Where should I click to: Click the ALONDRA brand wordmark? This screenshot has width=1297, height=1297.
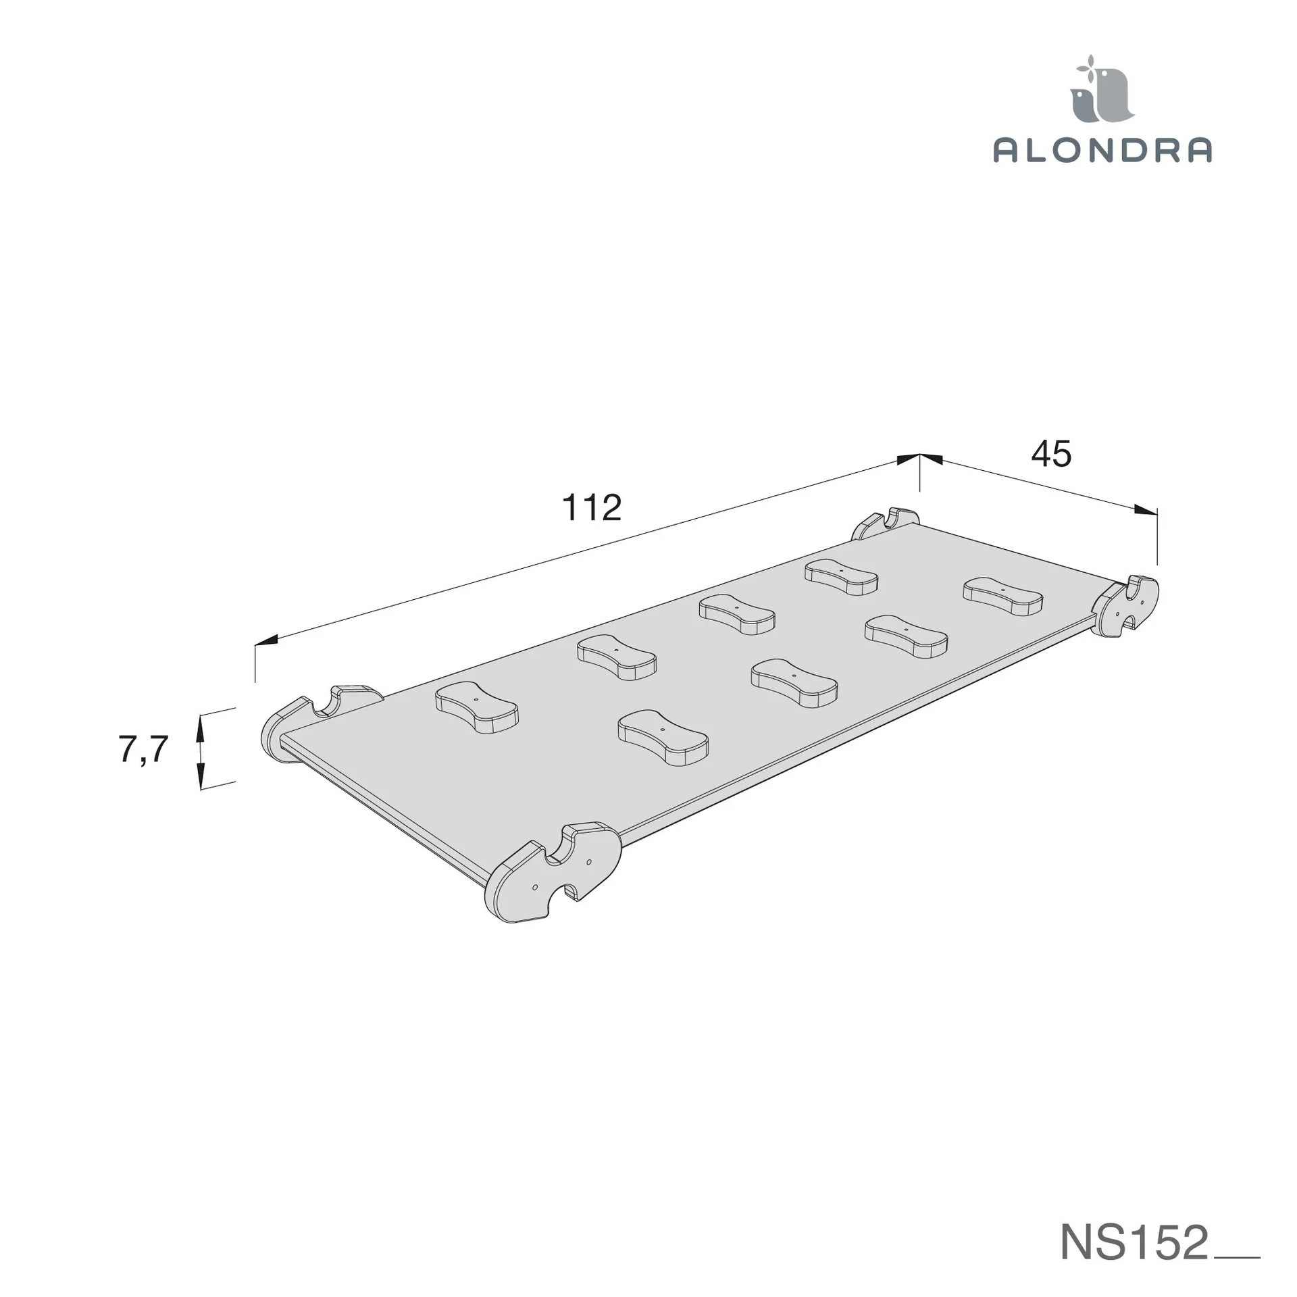tap(1102, 150)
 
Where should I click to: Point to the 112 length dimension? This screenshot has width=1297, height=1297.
tap(591, 508)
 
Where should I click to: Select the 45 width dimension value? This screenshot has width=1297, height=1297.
tap(1051, 454)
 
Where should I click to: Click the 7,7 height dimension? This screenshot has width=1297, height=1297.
tap(143, 749)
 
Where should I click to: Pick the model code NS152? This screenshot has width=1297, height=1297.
tap(1134, 1241)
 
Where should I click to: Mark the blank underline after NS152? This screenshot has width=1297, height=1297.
tap(1237, 1257)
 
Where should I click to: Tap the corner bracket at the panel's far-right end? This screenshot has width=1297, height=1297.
tap(1126, 605)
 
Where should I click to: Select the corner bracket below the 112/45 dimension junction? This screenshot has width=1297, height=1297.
tap(884, 524)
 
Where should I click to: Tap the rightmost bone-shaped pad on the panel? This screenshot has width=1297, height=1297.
tap(1002, 596)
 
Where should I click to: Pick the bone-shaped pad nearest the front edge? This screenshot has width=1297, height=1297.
tap(663, 737)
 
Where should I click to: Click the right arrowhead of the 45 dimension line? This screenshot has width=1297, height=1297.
tap(1146, 510)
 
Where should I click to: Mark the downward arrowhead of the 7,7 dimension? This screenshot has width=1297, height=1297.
tap(200, 778)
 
